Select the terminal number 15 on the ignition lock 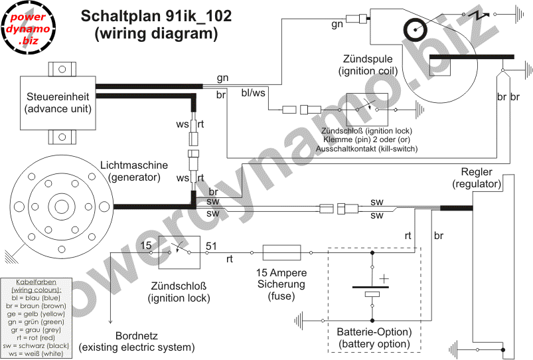146,246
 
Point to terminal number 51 212,246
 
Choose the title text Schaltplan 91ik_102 156,17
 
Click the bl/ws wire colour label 254,93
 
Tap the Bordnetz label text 137,335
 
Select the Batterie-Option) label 374,331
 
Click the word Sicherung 281,284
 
